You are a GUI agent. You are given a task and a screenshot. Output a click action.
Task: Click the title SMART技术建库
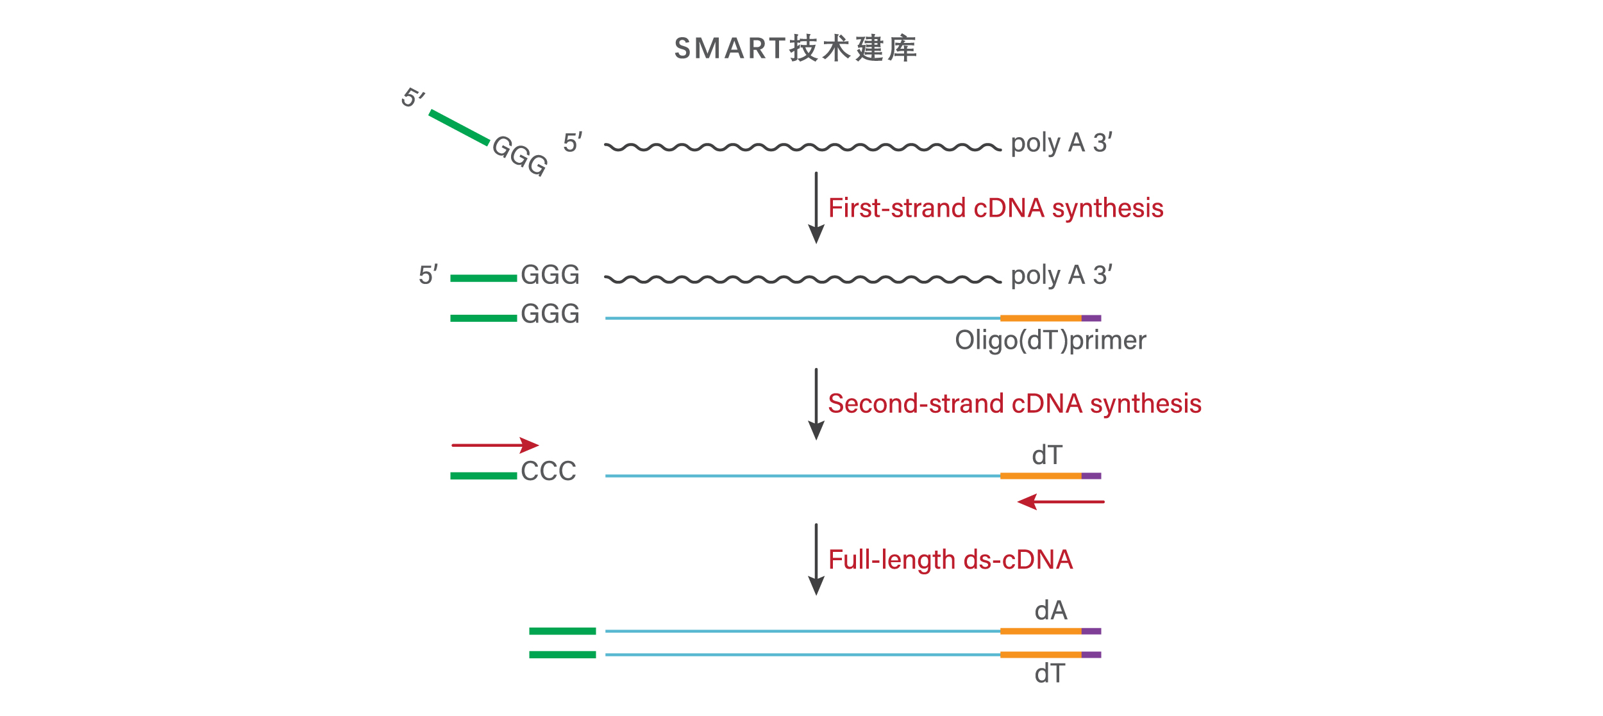pyautogui.click(x=795, y=49)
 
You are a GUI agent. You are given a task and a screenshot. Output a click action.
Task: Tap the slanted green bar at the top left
pyautogui.click(x=459, y=127)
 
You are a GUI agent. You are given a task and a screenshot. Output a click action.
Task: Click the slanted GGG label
pyautogui.click(x=520, y=155)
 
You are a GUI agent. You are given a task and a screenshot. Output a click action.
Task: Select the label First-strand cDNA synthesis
pyautogui.click(x=995, y=208)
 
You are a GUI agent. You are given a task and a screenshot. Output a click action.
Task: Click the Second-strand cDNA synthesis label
pyautogui.click(x=1014, y=404)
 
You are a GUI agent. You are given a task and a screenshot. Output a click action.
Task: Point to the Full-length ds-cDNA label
pyautogui.click(x=950, y=560)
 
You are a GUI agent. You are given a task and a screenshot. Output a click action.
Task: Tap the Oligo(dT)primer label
pyautogui.click(x=1050, y=340)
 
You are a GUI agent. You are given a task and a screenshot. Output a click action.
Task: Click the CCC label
pyautogui.click(x=548, y=471)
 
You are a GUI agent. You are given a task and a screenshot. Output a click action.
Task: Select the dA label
pyautogui.click(x=1050, y=610)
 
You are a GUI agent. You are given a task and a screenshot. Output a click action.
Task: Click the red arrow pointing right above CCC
pyautogui.click(x=495, y=445)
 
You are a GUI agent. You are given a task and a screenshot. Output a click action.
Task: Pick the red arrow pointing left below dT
pyautogui.click(x=1061, y=501)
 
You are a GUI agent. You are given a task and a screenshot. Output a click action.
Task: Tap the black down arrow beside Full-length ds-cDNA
pyautogui.click(x=816, y=559)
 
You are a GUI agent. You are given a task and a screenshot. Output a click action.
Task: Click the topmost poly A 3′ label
pyautogui.click(x=1061, y=143)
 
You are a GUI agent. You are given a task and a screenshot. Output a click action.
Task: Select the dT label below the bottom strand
pyautogui.click(x=1050, y=674)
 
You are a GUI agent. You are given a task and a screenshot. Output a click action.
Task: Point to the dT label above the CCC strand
pyautogui.click(x=1047, y=455)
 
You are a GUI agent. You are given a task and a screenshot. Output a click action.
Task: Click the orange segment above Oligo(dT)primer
pyautogui.click(x=1041, y=318)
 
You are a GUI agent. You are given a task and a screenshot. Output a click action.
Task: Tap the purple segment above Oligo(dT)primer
pyautogui.click(x=1091, y=318)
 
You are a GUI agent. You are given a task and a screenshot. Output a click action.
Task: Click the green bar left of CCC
pyautogui.click(x=483, y=476)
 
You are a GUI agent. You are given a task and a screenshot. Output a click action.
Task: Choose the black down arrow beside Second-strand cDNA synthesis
pyautogui.click(x=816, y=404)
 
